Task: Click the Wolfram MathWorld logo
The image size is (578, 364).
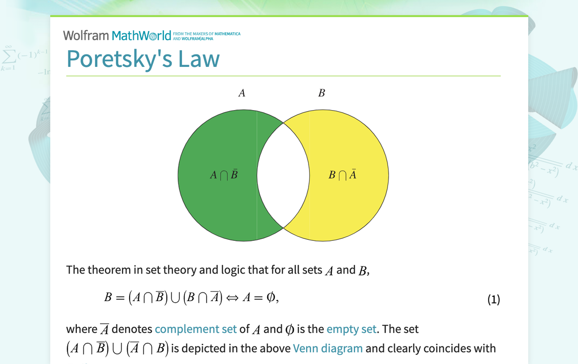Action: point(117,36)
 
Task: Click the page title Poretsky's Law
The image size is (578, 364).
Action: point(143,59)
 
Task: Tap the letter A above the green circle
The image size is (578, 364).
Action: point(242,93)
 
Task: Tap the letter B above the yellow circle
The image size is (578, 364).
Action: point(322,93)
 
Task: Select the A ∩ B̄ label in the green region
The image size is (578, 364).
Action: point(224,175)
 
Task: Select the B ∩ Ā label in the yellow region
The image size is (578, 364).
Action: point(343,175)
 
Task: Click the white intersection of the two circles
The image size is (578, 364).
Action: point(283,175)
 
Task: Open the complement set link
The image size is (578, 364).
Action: point(196,329)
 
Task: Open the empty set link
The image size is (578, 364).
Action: point(351,329)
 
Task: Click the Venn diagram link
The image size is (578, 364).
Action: point(328,348)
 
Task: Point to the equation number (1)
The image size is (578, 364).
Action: point(494,300)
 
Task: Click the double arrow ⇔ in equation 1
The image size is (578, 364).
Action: point(232,298)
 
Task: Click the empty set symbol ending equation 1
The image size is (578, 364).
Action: point(271,298)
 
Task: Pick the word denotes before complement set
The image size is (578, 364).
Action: point(132,329)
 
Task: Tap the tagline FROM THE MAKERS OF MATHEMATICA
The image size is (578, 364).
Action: point(207,34)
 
